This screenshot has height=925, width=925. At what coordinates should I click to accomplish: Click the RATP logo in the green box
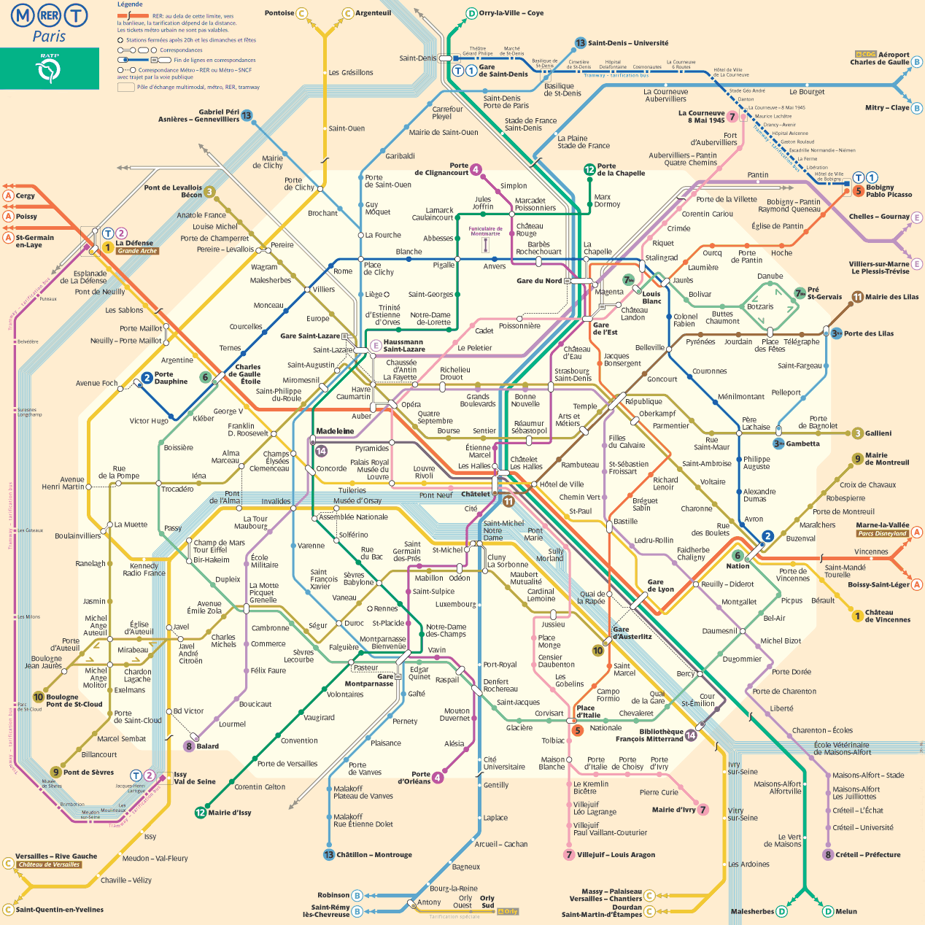pyautogui.click(x=50, y=70)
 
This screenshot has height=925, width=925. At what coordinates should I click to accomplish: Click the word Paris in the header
pyautogui.click(x=49, y=36)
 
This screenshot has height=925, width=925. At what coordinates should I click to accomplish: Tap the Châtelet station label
pyautogui.click(x=476, y=494)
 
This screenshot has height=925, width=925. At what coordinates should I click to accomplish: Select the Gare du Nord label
pyautogui.click(x=539, y=281)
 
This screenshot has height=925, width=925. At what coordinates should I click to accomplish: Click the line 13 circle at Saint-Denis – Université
pyautogui.click(x=580, y=43)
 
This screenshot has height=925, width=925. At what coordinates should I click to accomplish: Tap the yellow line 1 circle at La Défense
pyautogui.click(x=107, y=247)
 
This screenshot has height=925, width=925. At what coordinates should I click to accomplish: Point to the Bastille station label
pyautogui.click(x=625, y=522)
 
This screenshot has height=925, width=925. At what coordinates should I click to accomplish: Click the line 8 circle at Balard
pyautogui.click(x=189, y=746)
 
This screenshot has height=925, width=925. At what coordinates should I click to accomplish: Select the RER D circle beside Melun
pyautogui.click(x=828, y=911)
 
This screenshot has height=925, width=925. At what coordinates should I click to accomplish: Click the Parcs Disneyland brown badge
pyautogui.click(x=882, y=533)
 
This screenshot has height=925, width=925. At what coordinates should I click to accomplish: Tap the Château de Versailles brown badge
pyautogui.click(x=49, y=864)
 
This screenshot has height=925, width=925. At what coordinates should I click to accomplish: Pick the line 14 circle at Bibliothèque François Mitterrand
pyautogui.click(x=690, y=735)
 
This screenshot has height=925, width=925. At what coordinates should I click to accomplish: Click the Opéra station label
pyautogui.click(x=411, y=404)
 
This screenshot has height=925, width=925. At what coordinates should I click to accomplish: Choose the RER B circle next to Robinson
pyautogui.click(x=357, y=895)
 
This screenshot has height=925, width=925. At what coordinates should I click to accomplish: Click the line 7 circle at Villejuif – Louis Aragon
pyautogui.click(x=569, y=855)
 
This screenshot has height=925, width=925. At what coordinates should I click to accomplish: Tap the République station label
pyautogui.click(x=643, y=401)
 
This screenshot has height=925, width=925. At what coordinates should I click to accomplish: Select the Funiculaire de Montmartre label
pyautogui.click(x=485, y=231)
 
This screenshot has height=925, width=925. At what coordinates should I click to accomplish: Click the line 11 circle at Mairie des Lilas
pyautogui.click(x=858, y=297)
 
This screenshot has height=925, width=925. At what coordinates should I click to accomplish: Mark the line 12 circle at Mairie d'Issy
pyautogui.click(x=200, y=813)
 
